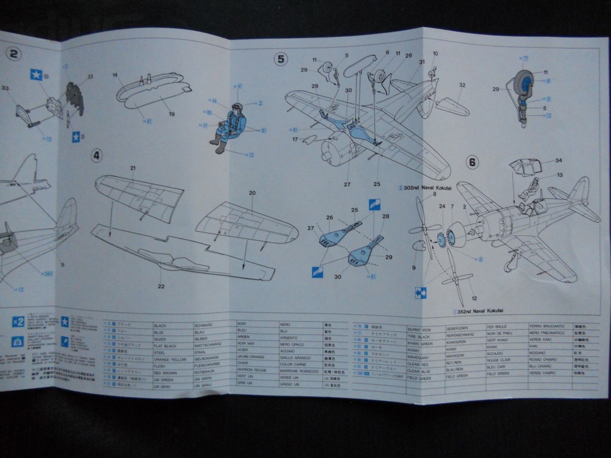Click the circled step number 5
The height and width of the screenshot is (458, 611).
[281, 58]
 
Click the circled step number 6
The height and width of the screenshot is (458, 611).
[472, 162]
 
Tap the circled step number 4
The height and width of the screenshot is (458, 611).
[97, 156]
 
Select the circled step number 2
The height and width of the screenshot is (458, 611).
[13, 54]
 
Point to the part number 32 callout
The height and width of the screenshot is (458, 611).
[462, 85]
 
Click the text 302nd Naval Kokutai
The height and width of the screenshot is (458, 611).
[427, 187]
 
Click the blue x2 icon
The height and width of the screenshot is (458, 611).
[18, 322]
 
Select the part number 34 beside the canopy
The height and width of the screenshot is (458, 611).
[558, 160]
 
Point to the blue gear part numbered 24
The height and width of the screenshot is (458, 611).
[442, 240]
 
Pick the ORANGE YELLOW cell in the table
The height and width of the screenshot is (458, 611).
[169, 360]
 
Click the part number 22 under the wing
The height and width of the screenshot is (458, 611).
[161, 286]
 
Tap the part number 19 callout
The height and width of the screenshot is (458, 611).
[171, 114]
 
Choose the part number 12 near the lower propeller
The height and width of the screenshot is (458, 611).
[474, 298]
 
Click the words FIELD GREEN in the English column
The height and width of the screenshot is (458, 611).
[419, 377]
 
